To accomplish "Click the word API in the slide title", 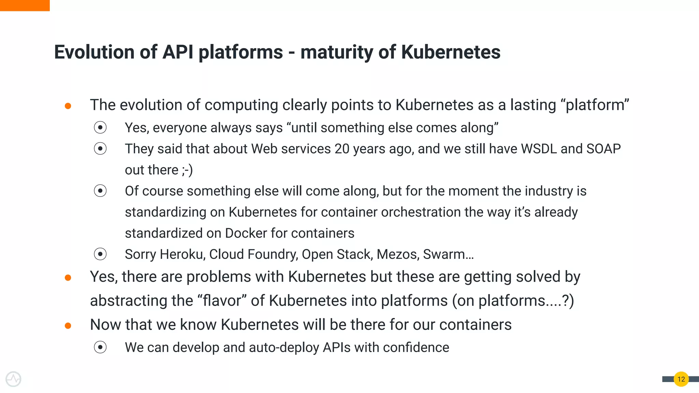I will click(177, 52).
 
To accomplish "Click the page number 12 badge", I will click(681, 379).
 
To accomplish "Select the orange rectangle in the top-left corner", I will click(25, 5).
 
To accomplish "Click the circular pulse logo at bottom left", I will click(13, 379).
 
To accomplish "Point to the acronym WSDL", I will click(539, 149).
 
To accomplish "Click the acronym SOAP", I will click(603, 149).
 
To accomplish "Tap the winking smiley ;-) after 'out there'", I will click(187, 170).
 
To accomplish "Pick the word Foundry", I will click(273, 254).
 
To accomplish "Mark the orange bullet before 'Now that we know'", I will click(68, 326).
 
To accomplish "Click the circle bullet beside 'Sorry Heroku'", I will click(100, 254).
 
